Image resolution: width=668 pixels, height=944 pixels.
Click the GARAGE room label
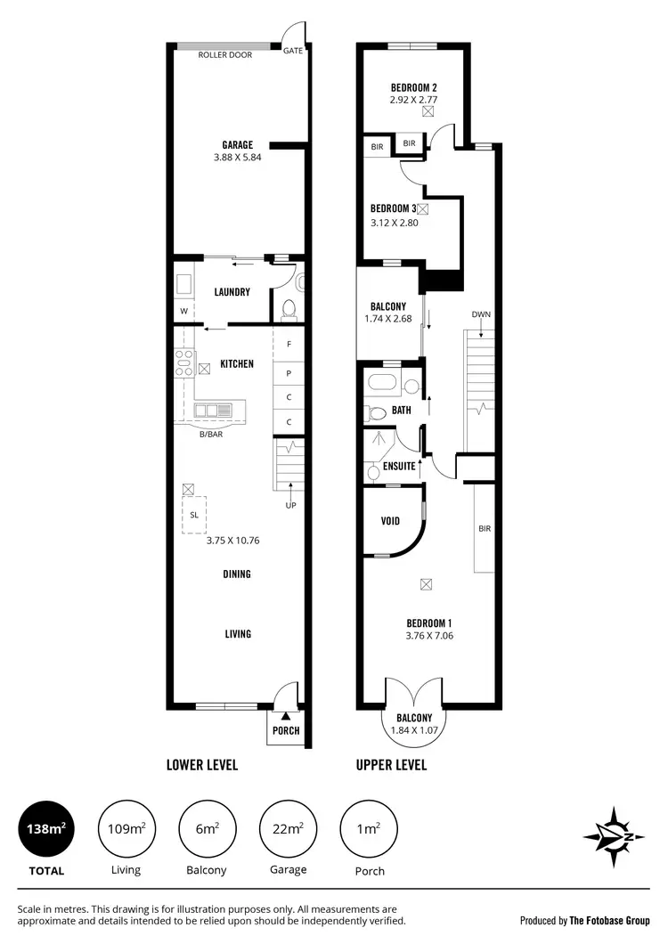point(238,145)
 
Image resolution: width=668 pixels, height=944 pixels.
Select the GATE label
point(293,51)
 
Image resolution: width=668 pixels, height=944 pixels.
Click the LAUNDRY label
point(232,292)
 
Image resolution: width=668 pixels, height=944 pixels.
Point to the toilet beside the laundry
point(289,308)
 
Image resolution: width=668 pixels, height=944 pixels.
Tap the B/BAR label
point(211,435)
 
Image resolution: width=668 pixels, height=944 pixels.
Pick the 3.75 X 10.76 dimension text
point(232,540)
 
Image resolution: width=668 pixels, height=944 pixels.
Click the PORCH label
point(286,731)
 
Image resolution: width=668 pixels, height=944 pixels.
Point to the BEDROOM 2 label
point(413,87)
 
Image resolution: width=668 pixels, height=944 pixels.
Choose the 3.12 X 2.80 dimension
point(395,223)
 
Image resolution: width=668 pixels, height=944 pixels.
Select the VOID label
point(390,521)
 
